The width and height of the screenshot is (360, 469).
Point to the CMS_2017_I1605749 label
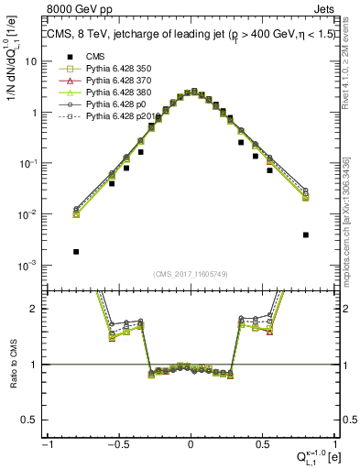click(190, 274)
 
